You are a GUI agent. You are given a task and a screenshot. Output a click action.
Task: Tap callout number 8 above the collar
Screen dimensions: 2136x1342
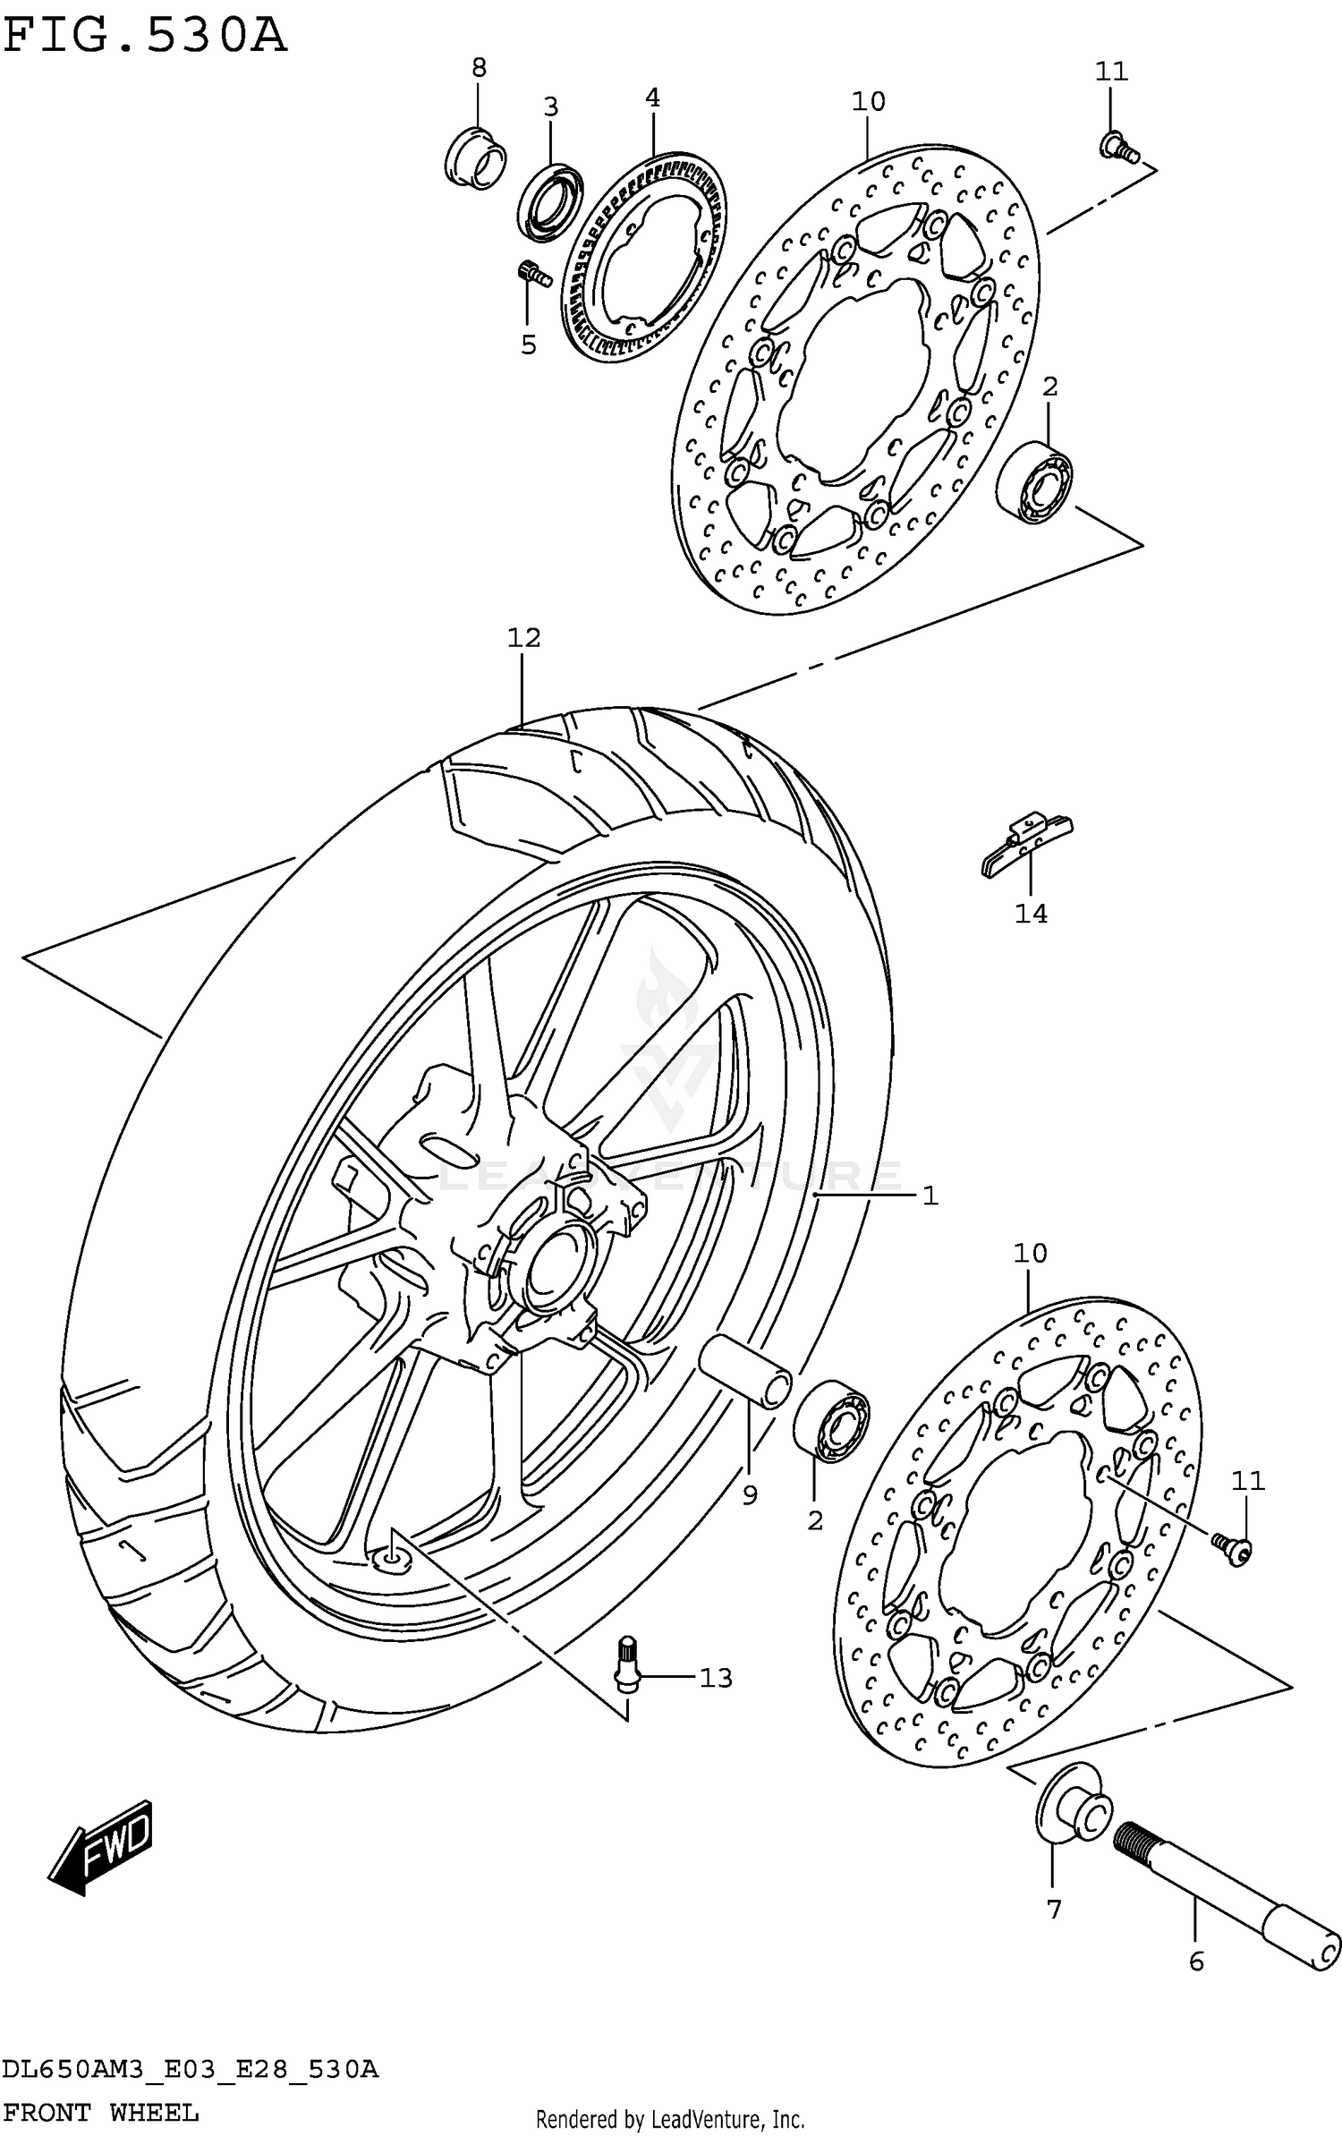[479, 67]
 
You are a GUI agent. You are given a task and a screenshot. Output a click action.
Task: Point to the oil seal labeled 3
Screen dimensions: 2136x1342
[550, 203]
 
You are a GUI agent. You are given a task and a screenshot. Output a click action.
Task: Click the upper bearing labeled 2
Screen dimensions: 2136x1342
[1035, 481]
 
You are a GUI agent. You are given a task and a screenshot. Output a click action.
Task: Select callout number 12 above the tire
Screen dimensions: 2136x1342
[523, 638]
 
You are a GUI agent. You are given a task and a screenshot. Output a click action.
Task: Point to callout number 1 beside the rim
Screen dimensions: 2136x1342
[930, 1196]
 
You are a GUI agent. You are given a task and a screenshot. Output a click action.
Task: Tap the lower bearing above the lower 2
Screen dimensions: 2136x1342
[831, 1423]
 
